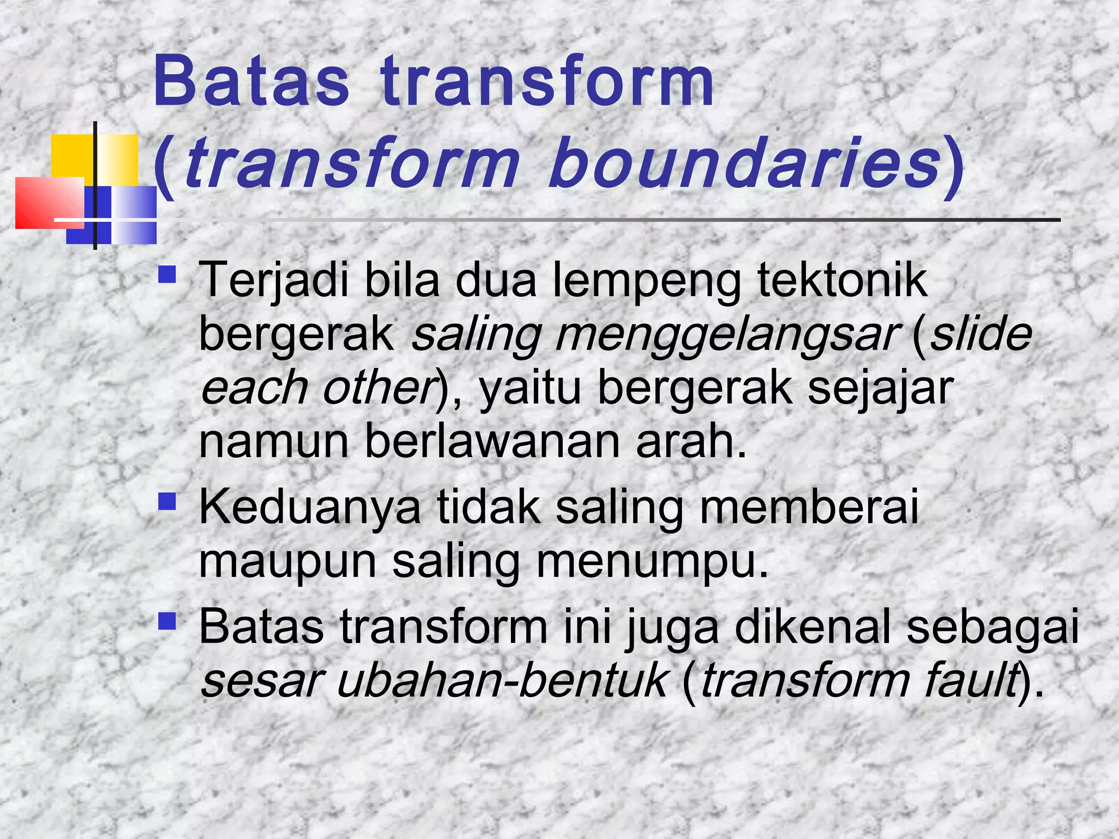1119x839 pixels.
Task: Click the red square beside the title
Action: click(49, 202)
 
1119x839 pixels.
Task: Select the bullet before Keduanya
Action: click(167, 501)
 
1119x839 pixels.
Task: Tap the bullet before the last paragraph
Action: click(167, 621)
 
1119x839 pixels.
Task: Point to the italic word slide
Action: click(981, 334)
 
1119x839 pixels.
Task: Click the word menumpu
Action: click(653, 563)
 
